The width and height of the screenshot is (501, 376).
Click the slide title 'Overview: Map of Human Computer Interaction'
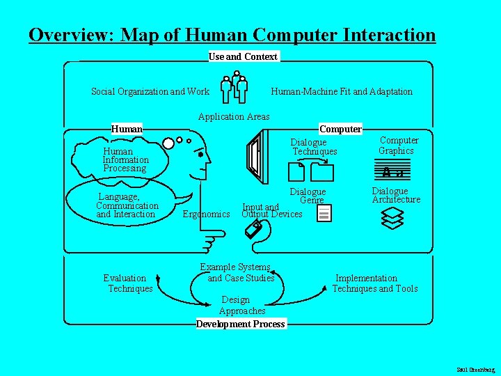pos(232,35)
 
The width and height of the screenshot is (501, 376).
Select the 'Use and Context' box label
pos(243,56)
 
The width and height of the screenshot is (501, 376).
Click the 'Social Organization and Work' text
pos(150,91)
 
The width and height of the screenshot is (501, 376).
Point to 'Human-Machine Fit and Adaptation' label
pos(341,91)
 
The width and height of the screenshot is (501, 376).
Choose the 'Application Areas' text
pos(234,116)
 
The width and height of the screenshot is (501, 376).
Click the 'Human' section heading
pos(127,129)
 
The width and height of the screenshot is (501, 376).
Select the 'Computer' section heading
pos(340,129)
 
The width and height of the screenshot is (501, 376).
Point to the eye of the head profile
pos(200,155)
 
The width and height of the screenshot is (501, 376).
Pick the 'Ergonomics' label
pos(206,214)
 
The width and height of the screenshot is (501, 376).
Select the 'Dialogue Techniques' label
pos(314,147)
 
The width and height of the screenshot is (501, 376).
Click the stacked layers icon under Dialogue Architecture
pos(393,219)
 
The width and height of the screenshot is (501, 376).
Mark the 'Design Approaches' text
pos(242,306)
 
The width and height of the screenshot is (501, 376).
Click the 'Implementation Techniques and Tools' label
pos(374,283)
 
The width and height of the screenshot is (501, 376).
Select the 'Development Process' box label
pos(241,324)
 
